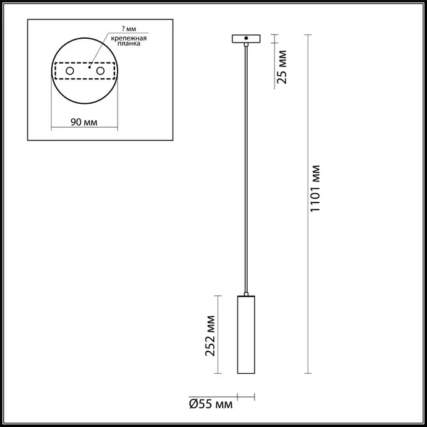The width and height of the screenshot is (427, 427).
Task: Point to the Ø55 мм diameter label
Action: pos(210,405)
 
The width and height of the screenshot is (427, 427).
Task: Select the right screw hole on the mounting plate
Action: pos(99,72)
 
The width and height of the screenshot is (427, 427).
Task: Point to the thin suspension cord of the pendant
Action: pos(246,169)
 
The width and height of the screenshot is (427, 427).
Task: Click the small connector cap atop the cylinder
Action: pos(246,294)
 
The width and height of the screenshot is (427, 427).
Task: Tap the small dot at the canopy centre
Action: pos(246,39)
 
